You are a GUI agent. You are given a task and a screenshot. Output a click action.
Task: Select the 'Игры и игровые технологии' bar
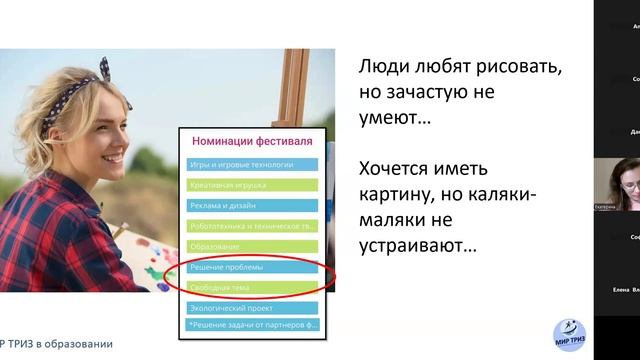point(251,164)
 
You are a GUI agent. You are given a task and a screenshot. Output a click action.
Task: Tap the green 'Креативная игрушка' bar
point(251,185)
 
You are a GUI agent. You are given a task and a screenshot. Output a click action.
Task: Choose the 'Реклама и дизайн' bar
point(251,205)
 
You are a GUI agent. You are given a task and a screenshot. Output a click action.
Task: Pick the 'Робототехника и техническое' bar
point(251,226)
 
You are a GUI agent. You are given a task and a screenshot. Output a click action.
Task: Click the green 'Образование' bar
point(251,246)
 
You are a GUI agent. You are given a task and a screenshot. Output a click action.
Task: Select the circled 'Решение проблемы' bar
point(251,268)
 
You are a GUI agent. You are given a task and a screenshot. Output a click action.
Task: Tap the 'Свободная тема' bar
point(251,288)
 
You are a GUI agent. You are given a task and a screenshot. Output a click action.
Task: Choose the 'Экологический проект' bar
point(251,309)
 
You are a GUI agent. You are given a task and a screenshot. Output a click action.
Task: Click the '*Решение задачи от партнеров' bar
point(251,325)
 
